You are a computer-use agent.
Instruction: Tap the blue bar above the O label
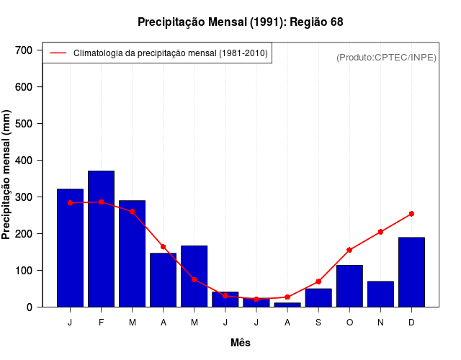click(x=349, y=286)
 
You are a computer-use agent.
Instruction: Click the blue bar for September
click(x=318, y=297)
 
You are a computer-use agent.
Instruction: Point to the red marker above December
click(x=411, y=214)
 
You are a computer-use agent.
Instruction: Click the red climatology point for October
click(x=349, y=250)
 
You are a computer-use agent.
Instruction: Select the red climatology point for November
click(x=380, y=232)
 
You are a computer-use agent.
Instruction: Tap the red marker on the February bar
click(x=101, y=202)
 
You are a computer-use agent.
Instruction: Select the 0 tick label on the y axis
click(x=30, y=307)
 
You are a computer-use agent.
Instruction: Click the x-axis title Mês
click(x=241, y=343)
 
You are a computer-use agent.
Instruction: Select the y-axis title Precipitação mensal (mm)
click(x=7, y=175)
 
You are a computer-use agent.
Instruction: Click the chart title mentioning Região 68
click(x=241, y=22)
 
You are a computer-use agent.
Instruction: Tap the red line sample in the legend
click(x=58, y=53)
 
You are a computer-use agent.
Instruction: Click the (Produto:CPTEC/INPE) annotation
click(x=387, y=57)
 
